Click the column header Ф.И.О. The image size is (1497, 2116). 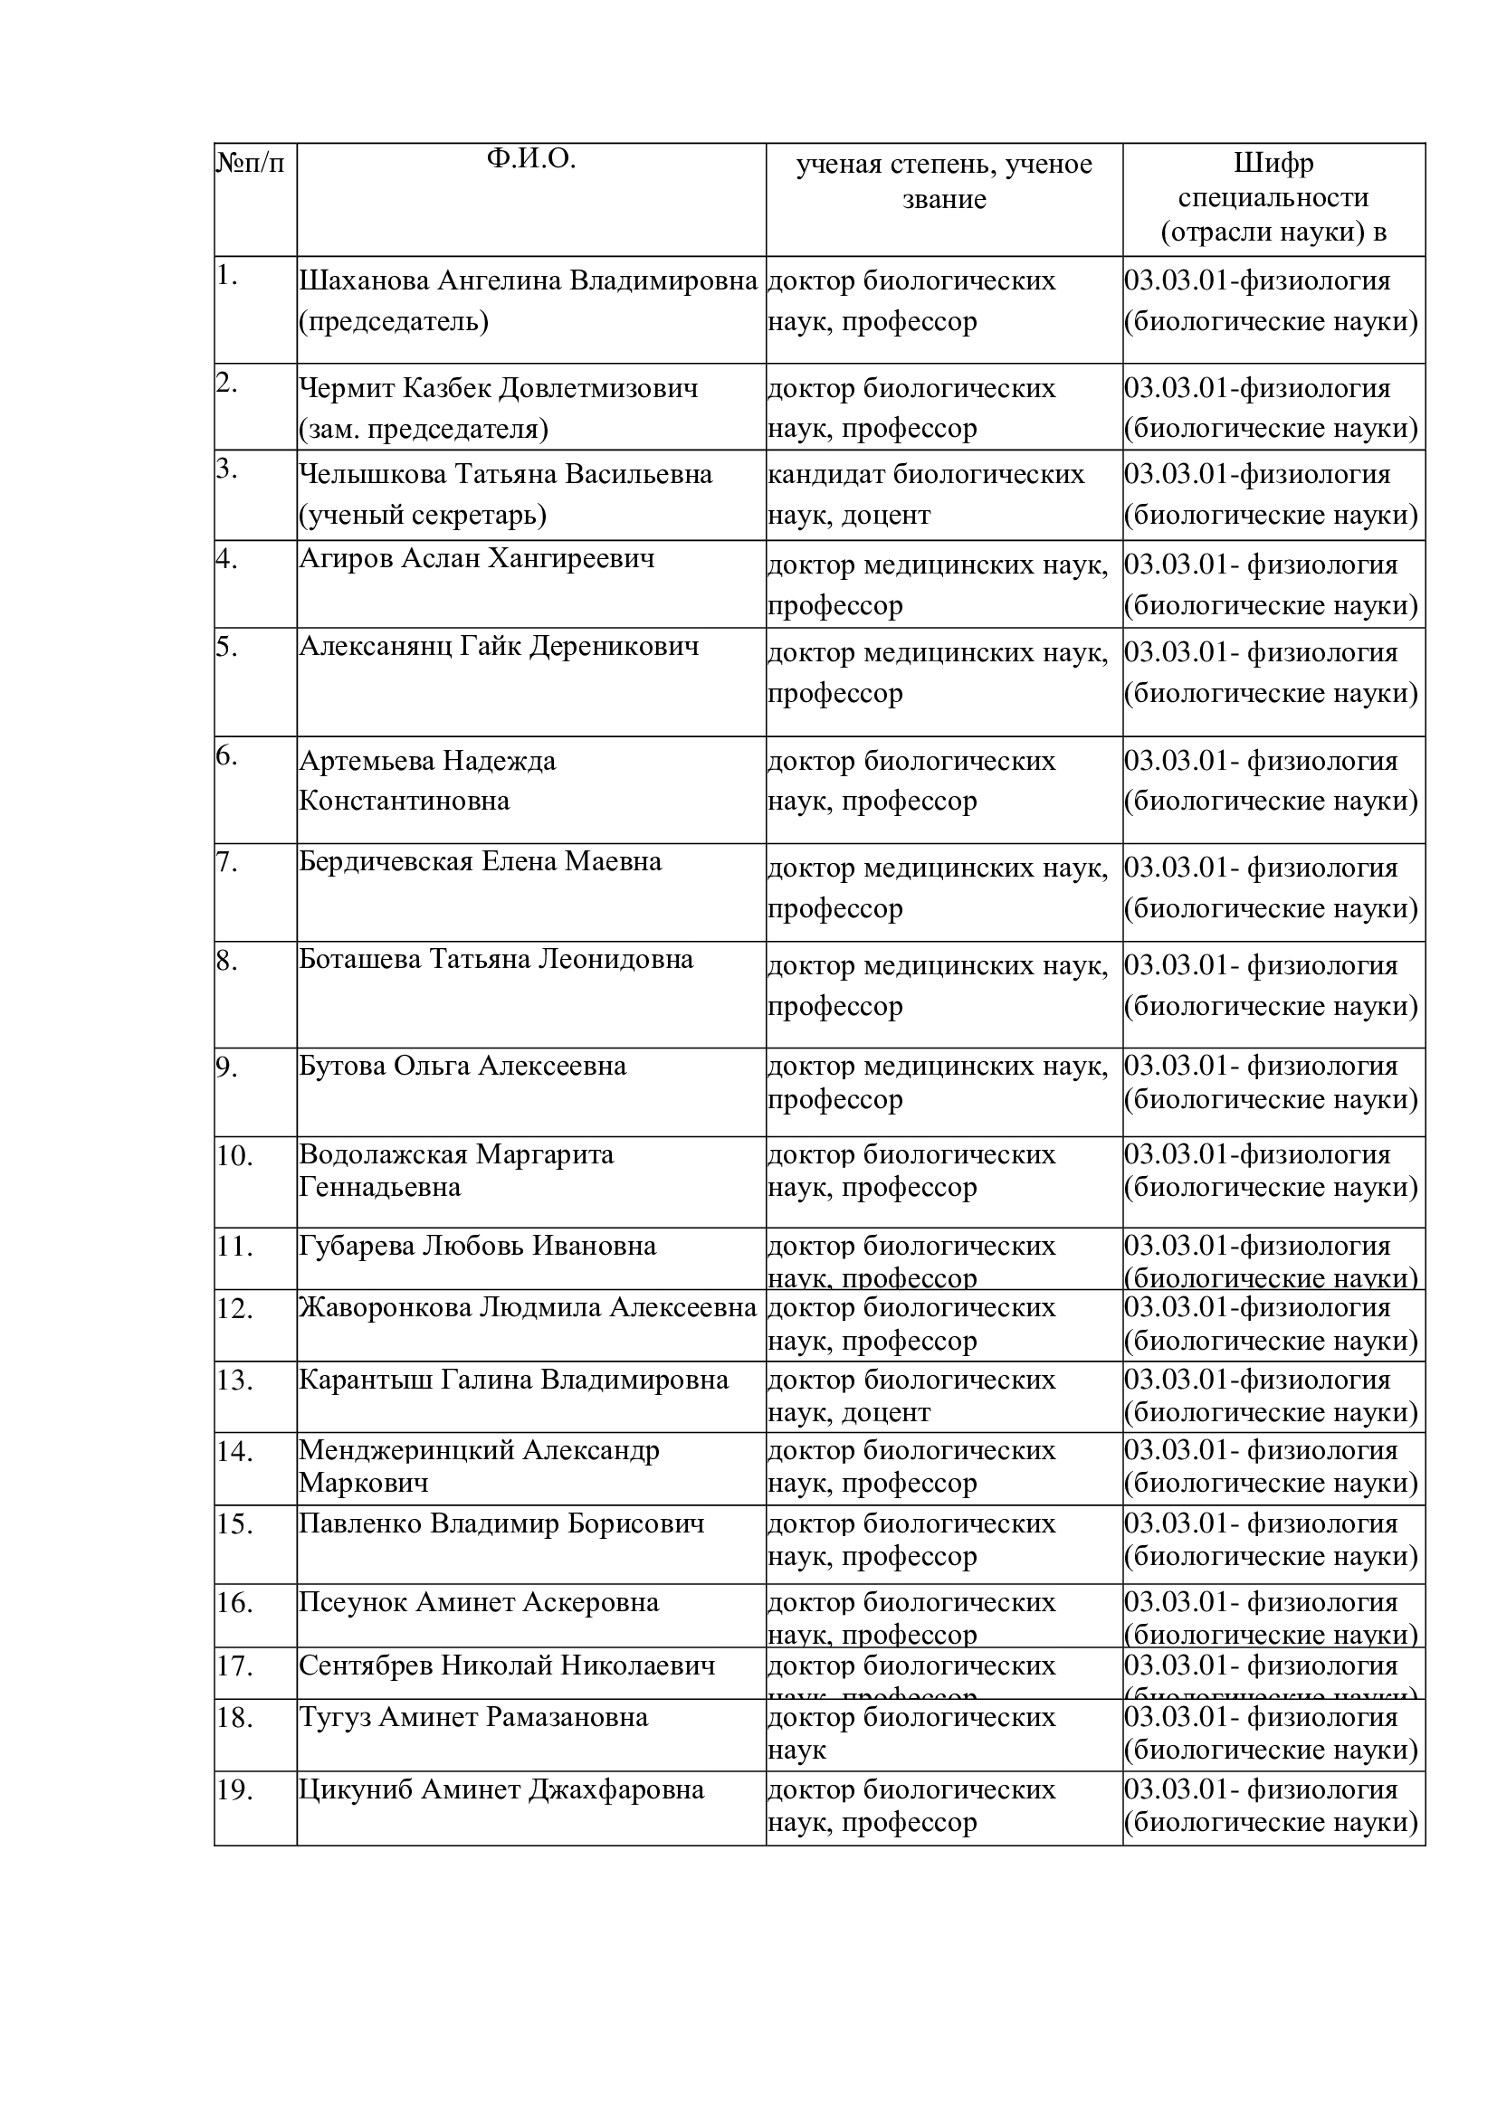pos(531,159)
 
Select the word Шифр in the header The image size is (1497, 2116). pos(1273,163)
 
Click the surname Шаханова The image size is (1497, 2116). pos(364,280)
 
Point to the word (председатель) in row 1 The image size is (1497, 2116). pos(394,321)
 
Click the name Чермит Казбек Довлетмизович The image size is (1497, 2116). pos(498,388)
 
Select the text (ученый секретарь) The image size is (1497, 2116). pos(422,514)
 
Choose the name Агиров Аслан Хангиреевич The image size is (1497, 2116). pos(477,557)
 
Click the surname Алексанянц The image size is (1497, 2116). pos(376,645)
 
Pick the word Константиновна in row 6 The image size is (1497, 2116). pos(404,800)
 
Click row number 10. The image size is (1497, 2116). pos(234,1154)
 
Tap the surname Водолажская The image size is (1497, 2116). pos(386,1153)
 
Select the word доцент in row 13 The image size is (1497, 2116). pos(886,1412)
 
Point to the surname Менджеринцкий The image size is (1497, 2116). pos(406,1449)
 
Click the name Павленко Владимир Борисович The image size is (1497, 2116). pos(501,1523)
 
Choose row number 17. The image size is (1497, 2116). pos(234,1666)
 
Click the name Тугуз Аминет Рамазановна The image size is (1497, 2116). pos(472,1717)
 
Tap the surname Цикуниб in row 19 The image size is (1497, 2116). pos(356,1789)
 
